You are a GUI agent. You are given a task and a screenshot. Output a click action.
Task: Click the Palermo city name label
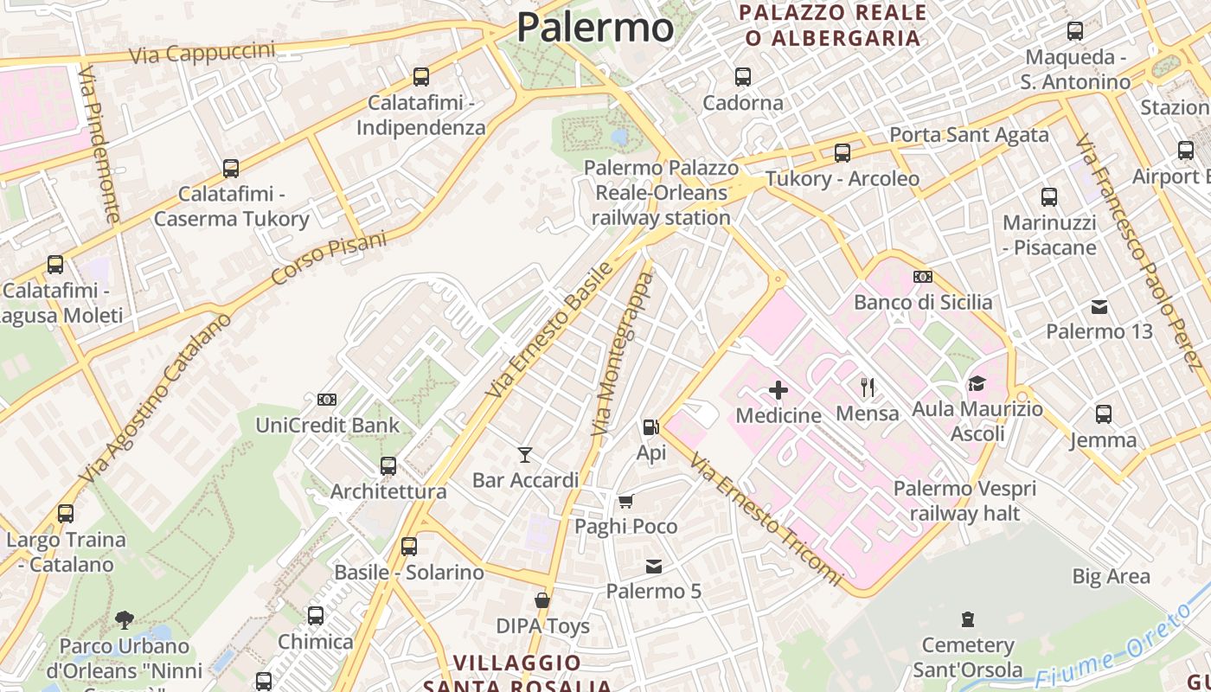(595, 27)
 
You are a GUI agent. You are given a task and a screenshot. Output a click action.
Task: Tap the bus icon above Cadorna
(742, 77)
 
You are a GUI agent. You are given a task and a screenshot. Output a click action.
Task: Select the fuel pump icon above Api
(650, 426)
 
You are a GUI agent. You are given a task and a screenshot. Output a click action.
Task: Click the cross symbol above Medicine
(778, 390)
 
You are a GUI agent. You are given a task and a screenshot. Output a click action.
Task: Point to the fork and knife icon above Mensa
(868, 387)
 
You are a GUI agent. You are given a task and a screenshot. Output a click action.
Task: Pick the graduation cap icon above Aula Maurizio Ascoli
(977, 383)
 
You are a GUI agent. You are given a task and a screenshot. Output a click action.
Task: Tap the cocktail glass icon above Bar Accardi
(525, 454)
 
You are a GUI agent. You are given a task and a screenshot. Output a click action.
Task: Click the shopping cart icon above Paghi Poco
(625, 501)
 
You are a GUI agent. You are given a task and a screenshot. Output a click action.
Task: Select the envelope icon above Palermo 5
(654, 567)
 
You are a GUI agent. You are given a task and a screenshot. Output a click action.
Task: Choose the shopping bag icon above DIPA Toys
(542, 600)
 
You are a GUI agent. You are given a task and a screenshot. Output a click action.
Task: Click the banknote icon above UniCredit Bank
(327, 400)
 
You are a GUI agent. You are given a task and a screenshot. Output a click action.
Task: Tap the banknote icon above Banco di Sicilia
(923, 277)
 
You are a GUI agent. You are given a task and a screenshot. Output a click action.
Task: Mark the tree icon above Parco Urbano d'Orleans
(125, 620)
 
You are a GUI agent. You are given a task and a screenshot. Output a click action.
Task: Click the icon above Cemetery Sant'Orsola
(968, 619)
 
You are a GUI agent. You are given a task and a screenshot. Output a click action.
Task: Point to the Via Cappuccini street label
(202, 53)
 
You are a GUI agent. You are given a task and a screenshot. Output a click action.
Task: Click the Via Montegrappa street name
(623, 355)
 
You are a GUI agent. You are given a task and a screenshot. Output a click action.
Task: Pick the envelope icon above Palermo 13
(1099, 306)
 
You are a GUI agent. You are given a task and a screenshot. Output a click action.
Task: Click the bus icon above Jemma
(1103, 414)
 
